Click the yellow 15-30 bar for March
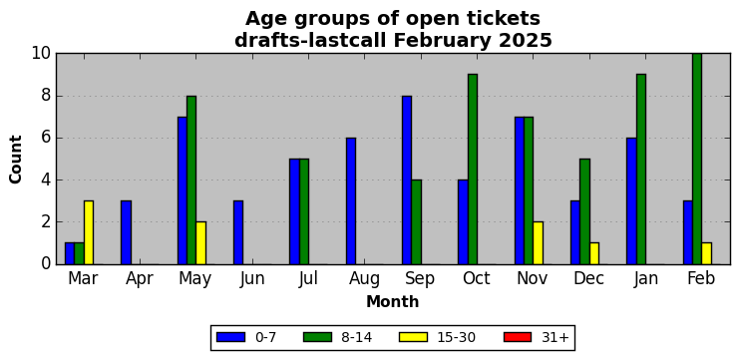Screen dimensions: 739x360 tap(89, 232)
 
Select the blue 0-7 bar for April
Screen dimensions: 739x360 tap(126, 232)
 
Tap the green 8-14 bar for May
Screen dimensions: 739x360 tap(191, 180)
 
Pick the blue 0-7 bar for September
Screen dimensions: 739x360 tap(407, 180)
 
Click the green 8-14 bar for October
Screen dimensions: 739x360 tap(473, 170)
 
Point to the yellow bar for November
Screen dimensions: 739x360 tap(538, 243)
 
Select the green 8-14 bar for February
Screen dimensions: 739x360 tap(697, 159)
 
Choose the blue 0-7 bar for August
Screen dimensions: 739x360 tap(351, 201)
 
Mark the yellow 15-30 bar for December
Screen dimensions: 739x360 tap(593, 253)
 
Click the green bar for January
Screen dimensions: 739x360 tap(641, 170)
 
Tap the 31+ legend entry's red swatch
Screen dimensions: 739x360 tap(518, 337)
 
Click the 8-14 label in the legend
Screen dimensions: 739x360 tap(357, 337)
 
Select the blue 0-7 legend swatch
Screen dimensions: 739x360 tap(230, 337)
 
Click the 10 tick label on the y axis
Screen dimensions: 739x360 tap(42, 53)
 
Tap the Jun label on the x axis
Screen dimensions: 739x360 tap(251, 279)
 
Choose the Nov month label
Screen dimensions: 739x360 tap(533, 279)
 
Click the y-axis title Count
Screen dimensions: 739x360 tap(16, 160)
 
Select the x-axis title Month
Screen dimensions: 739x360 tap(393, 301)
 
